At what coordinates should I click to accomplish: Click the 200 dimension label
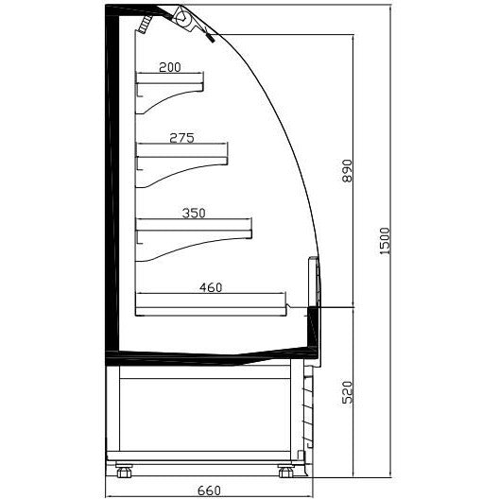(x=169, y=67)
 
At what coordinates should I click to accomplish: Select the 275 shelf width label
(x=181, y=138)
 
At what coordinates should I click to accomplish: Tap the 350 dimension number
(x=194, y=213)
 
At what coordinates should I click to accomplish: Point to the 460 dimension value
(x=211, y=287)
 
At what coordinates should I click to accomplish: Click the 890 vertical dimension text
(x=347, y=171)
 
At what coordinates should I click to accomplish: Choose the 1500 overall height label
(x=385, y=241)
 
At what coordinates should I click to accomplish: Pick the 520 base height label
(x=347, y=392)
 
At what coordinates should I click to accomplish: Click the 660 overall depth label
(x=209, y=490)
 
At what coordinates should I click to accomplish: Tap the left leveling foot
(x=124, y=471)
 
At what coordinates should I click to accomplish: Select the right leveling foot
(x=285, y=471)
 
